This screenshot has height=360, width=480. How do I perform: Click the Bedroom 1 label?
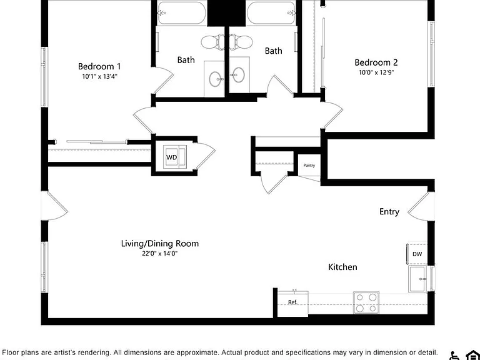tap(99, 66)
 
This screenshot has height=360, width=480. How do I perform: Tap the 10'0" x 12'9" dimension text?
tap(376, 72)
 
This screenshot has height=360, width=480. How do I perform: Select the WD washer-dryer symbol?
tap(174, 157)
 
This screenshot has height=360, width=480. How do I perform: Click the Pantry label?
tap(309, 165)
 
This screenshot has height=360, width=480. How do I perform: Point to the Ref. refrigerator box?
tap(292, 303)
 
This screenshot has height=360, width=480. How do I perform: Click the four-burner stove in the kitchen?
tap(366, 302)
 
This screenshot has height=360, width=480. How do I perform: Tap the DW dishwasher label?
tap(417, 254)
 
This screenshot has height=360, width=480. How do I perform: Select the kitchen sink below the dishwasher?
tap(417, 279)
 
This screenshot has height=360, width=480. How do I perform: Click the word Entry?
tap(389, 212)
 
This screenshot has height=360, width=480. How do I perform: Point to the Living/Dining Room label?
tap(160, 244)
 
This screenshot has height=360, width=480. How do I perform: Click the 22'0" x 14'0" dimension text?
tap(160, 254)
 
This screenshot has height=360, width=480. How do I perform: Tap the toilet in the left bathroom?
tap(212, 42)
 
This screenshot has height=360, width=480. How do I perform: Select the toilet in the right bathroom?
tap(241, 42)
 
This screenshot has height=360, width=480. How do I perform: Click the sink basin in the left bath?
tap(216, 79)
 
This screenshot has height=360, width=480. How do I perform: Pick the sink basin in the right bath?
tap(238, 75)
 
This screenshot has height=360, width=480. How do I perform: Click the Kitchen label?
tap(342, 267)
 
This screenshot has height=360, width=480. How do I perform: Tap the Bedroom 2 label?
tap(376, 62)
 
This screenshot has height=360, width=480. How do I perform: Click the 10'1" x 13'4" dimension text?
tap(100, 76)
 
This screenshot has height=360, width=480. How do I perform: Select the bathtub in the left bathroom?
tap(182, 13)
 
